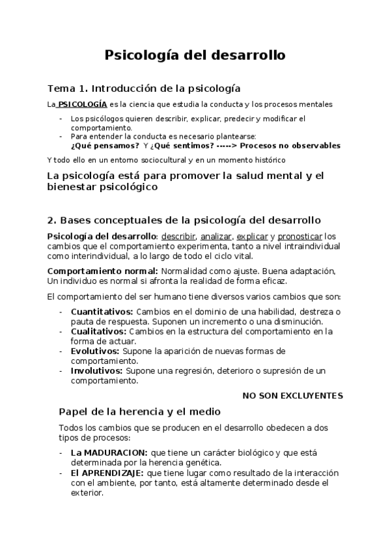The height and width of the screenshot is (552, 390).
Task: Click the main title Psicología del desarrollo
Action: (195, 55)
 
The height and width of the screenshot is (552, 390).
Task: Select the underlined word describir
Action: (178, 236)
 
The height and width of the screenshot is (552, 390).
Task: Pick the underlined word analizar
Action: (216, 236)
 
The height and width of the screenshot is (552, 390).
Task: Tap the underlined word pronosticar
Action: (299, 236)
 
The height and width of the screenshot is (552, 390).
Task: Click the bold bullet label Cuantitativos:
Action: (102, 312)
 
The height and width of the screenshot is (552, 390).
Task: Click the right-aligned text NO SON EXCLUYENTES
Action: (292, 395)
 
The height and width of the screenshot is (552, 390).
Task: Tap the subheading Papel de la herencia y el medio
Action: (139, 411)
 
